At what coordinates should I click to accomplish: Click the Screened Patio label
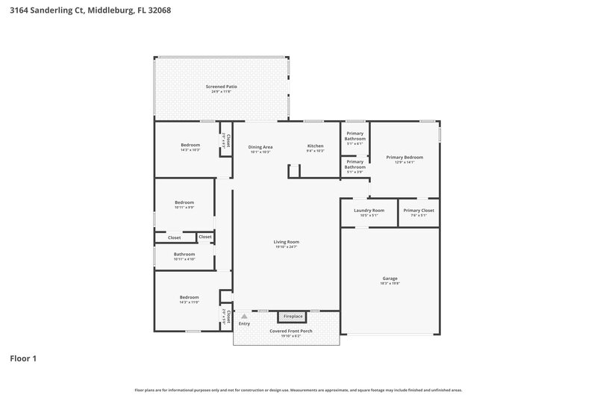(221, 87)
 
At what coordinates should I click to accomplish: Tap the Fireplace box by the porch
(293, 317)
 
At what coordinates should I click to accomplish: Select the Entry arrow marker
(243, 317)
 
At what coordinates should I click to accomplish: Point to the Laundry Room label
(369, 211)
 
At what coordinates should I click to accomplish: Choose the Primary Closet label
(419, 211)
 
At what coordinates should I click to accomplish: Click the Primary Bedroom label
(404, 158)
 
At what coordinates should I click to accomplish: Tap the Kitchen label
(316, 146)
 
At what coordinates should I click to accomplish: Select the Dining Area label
(260, 147)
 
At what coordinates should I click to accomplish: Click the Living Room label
(287, 242)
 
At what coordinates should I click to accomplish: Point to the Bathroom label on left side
(184, 254)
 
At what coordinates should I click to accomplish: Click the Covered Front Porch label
(287, 331)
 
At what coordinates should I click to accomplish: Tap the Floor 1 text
(23, 358)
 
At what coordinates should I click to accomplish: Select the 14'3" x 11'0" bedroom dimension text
(189, 302)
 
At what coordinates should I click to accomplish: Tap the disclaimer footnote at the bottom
(298, 390)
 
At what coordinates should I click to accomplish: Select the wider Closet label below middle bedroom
(175, 237)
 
